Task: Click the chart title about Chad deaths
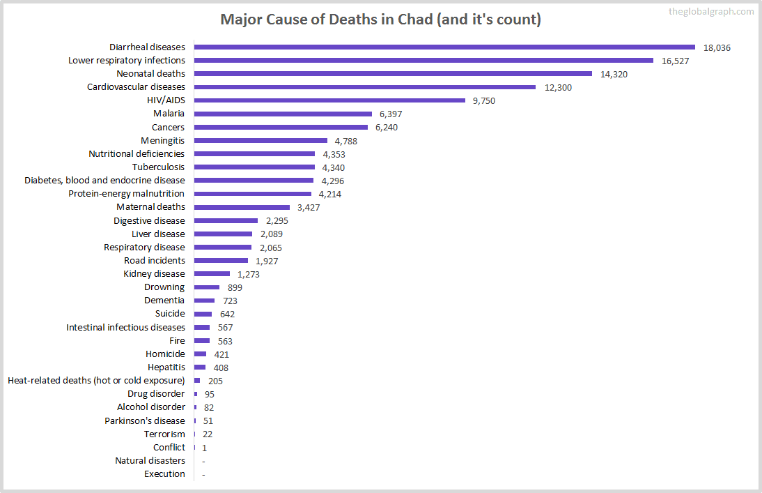pyautogui.click(x=380, y=20)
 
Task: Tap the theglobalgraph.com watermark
pyautogui.click(x=710, y=11)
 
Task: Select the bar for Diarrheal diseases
pyautogui.click(x=444, y=47)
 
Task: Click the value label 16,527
pyautogui.click(x=676, y=61)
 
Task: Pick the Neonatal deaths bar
pyautogui.click(x=393, y=74)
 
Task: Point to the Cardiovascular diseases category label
pyautogui.click(x=136, y=87)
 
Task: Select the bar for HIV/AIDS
pyautogui.click(x=329, y=100)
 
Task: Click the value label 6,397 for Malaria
pyautogui.click(x=391, y=114)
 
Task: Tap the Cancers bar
pyautogui.click(x=281, y=127)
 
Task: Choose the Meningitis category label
pyautogui.click(x=162, y=140)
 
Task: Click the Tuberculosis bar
pyautogui.click(x=254, y=167)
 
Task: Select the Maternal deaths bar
pyautogui.click(x=242, y=207)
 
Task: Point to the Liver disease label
pyautogui.click(x=158, y=234)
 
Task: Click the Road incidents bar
pyautogui.click(x=221, y=261)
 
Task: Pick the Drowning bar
pyautogui.click(x=207, y=287)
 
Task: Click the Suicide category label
pyautogui.click(x=170, y=314)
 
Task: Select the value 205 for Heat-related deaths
pyautogui.click(x=215, y=381)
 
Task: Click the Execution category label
pyautogui.click(x=164, y=474)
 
